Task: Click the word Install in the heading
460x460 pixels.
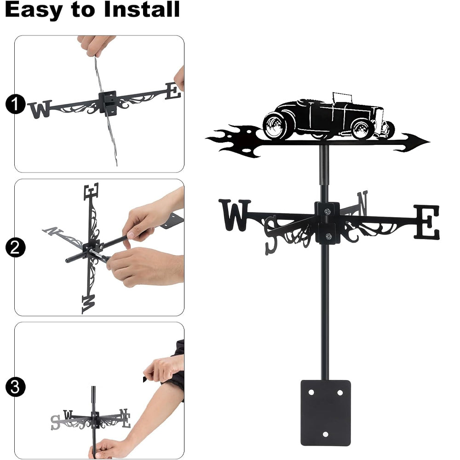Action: click(142, 9)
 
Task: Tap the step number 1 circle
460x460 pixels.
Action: click(15, 104)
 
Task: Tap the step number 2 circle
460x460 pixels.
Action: click(15, 247)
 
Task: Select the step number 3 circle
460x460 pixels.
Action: click(15, 387)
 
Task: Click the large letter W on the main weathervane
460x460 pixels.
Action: click(235, 215)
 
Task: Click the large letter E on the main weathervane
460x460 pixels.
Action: click(427, 222)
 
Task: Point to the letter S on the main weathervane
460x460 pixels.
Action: click(271, 235)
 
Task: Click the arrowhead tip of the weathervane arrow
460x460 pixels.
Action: click(430, 142)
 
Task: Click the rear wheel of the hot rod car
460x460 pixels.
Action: click(275, 126)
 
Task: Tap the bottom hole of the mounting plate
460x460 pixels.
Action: click(325, 434)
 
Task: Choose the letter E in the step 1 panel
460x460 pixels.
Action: click(173, 91)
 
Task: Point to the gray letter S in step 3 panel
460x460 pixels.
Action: click(55, 422)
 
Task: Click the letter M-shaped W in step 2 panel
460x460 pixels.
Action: click(89, 304)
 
